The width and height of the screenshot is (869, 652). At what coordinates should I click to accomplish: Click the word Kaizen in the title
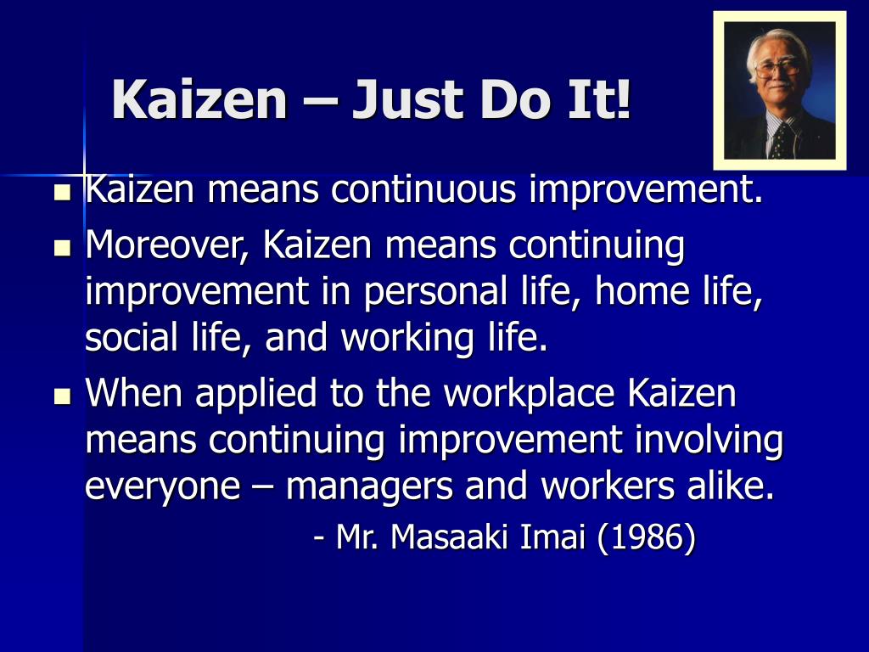(200, 99)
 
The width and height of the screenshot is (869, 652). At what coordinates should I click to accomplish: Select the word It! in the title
(603, 99)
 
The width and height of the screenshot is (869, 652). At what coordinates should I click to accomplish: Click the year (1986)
(648, 537)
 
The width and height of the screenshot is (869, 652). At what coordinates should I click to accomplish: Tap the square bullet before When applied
(62, 396)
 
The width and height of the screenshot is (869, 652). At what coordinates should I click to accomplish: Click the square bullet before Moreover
(62, 248)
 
